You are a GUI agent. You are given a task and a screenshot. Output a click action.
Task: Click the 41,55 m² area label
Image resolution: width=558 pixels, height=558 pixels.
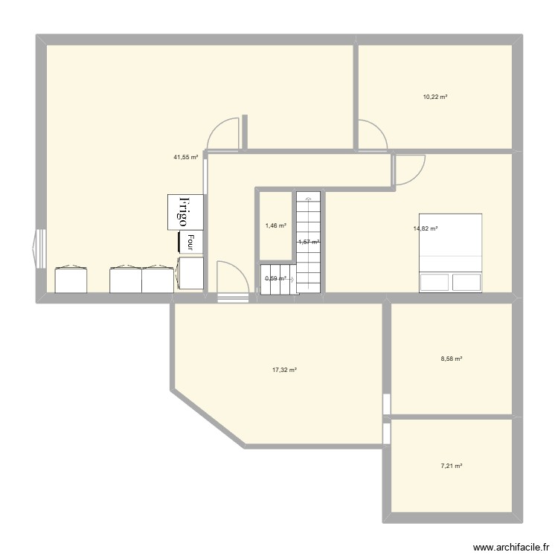[185, 157]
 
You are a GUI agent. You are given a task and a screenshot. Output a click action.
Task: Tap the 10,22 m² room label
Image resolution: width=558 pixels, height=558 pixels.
[435, 97]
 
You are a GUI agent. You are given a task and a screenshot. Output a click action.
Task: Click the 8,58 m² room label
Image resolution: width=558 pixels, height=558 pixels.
[452, 359]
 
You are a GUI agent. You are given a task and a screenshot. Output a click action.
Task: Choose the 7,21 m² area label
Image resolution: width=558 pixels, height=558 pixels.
[452, 466]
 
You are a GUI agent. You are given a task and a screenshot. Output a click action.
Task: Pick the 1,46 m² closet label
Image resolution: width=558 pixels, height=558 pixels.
[275, 225]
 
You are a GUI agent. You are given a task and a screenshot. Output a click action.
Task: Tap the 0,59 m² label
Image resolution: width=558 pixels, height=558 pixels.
[275, 279]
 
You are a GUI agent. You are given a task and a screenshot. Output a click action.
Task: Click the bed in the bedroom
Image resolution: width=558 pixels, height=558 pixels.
[450, 253]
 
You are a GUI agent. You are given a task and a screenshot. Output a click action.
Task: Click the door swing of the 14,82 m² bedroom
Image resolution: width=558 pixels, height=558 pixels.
[409, 170]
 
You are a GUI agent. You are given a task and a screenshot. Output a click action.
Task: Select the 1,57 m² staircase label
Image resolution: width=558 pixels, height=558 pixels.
[309, 242]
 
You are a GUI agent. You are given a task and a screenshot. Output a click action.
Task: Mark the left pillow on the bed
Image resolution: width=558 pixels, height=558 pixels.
[434, 282]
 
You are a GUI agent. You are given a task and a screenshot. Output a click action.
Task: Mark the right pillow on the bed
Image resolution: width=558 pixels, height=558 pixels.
[466, 282]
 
